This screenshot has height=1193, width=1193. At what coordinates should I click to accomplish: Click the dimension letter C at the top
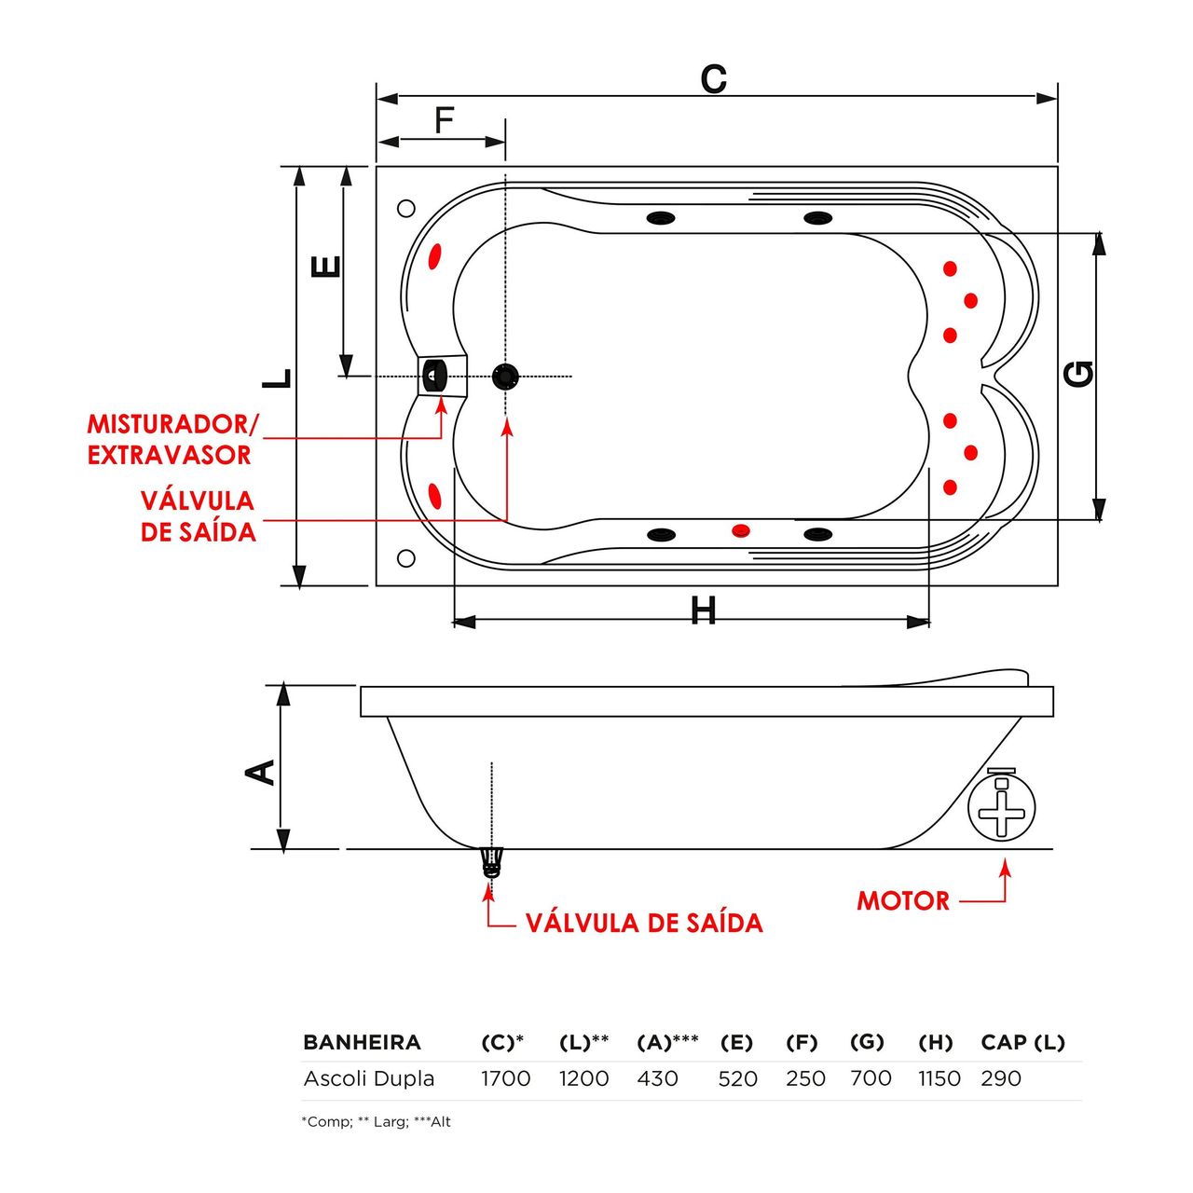click(x=713, y=80)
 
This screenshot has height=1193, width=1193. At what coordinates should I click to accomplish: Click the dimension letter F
click(x=445, y=121)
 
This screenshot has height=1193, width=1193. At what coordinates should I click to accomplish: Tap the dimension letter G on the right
click(x=1078, y=374)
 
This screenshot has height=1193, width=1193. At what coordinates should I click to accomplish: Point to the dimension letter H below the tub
click(x=704, y=611)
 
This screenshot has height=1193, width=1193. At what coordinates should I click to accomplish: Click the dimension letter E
click(x=325, y=267)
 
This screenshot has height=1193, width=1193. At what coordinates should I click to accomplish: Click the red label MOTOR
click(x=902, y=901)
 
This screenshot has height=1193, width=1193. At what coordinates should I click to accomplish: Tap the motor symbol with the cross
click(x=1001, y=809)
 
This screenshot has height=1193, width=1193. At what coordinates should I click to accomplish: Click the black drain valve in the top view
click(x=505, y=377)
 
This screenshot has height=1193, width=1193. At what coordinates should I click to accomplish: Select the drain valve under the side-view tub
click(x=490, y=861)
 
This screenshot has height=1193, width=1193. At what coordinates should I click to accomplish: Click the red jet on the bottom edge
click(x=740, y=530)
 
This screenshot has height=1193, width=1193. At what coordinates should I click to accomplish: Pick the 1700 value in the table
click(x=505, y=1078)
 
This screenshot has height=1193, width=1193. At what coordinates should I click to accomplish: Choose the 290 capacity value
click(x=1000, y=1078)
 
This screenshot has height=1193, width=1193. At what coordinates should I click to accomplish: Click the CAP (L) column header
click(x=1022, y=1042)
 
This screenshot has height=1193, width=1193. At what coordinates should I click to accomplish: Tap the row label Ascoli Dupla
click(x=369, y=1078)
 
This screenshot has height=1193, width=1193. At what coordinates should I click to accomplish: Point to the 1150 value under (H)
click(x=939, y=1078)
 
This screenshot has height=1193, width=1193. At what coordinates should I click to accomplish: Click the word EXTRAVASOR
click(x=170, y=455)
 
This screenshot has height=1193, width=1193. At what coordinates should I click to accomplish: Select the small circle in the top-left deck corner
click(x=405, y=209)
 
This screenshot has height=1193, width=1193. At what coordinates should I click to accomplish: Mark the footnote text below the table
click(x=376, y=1122)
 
